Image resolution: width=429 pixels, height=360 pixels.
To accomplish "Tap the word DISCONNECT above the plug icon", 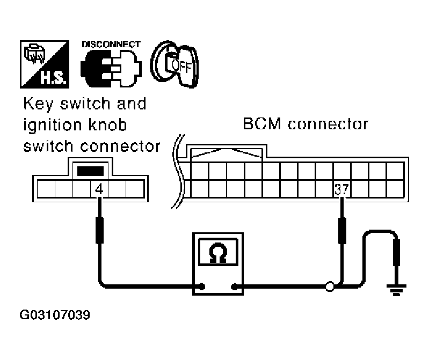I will click(x=111, y=44).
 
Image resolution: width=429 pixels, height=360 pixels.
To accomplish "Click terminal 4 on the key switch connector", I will click(x=99, y=189).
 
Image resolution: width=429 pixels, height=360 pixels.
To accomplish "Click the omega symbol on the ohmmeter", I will click(x=218, y=254).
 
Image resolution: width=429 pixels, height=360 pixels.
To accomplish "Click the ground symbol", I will click(x=397, y=291).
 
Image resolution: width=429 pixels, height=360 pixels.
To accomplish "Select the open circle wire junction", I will click(x=329, y=287).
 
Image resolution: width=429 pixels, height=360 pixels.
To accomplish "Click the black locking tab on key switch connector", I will click(x=90, y=171).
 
